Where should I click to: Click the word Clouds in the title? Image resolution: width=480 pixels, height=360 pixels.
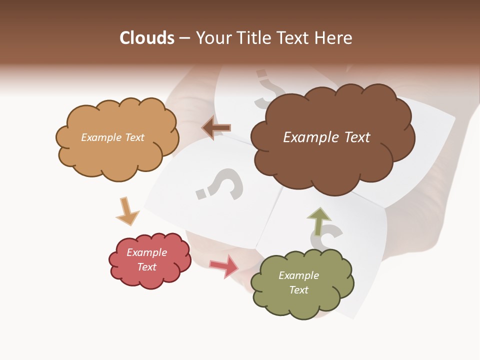(x=147, y=38)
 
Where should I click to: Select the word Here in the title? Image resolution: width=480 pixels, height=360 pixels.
(x=333, y=38)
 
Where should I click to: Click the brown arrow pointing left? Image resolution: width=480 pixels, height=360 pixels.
(x=216, y=128)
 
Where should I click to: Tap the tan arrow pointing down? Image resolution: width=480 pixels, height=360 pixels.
(x=126, y=211)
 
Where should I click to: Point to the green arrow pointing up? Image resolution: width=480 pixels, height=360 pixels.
(x=318, y=221)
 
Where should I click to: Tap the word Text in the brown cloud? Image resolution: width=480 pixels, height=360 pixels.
(x=354, y=137)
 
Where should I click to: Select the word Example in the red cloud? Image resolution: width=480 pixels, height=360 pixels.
(x=146, y=252)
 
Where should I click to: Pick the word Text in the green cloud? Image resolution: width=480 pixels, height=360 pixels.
(x=298, y=290)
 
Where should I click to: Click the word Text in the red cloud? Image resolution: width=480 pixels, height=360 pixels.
(x=146, y=267)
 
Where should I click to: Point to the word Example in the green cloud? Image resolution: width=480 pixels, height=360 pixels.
(x=298, y=275)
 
